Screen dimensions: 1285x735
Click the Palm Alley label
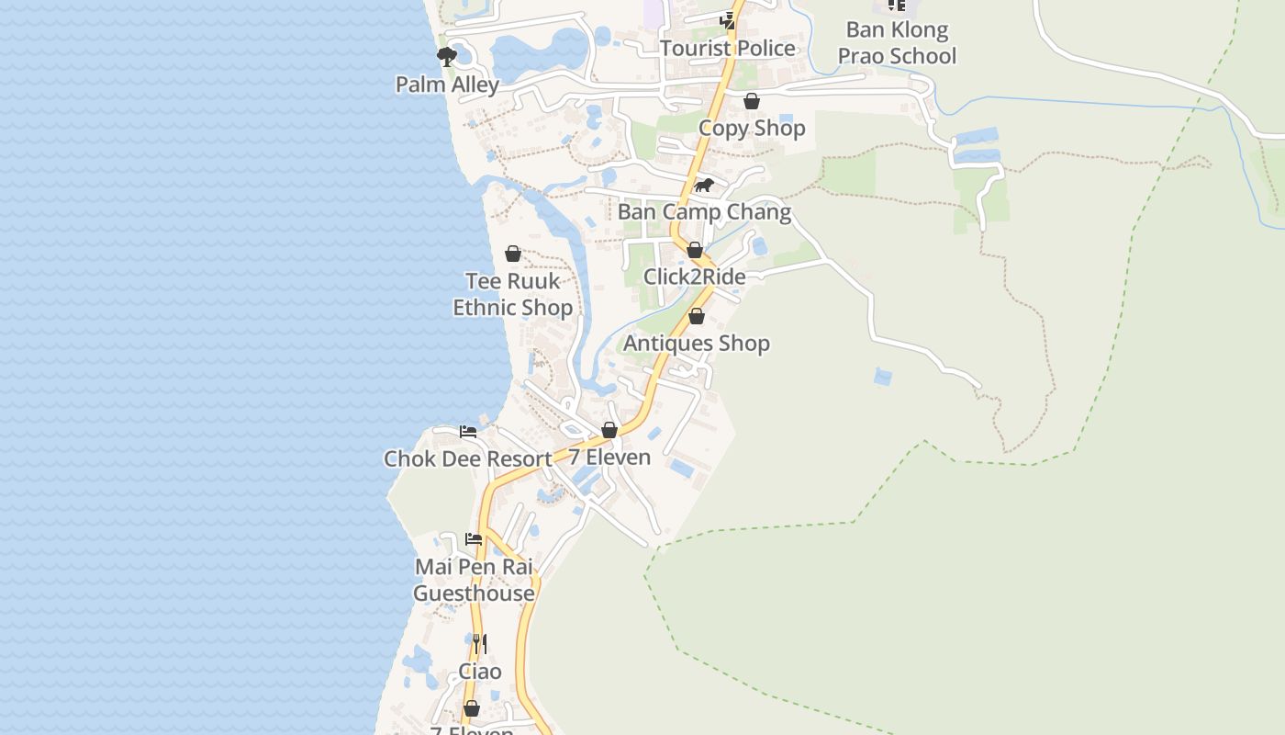click(447, 85)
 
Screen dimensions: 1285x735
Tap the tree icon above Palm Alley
click(447, 57)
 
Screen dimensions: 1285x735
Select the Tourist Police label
click(728, 48)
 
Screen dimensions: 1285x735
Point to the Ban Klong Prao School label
click(897, 43)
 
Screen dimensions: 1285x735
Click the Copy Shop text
click(752, 129)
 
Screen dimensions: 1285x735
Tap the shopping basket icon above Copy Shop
click(752, 101)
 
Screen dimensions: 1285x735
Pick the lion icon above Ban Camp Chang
click(704, 186)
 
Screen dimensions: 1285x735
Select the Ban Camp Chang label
click(704, 212)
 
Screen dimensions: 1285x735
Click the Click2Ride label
click(695, 277)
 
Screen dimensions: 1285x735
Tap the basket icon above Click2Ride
click(695, 250)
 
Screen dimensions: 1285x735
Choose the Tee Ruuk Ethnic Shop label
click(513, 294)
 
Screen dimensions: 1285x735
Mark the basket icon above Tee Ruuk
click(513, 254)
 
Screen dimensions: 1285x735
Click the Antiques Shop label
click(697, 344)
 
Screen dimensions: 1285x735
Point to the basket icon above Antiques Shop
click(697, 317)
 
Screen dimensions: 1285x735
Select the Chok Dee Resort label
click(468, 458)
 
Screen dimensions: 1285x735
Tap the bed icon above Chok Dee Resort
click(468, 431)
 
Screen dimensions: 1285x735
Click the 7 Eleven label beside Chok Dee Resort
click(609, 458)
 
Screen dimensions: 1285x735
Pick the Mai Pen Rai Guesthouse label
click(474, 580)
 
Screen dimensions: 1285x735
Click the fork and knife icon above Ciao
click(480, 644)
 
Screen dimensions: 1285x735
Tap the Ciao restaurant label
click(480, 672)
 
